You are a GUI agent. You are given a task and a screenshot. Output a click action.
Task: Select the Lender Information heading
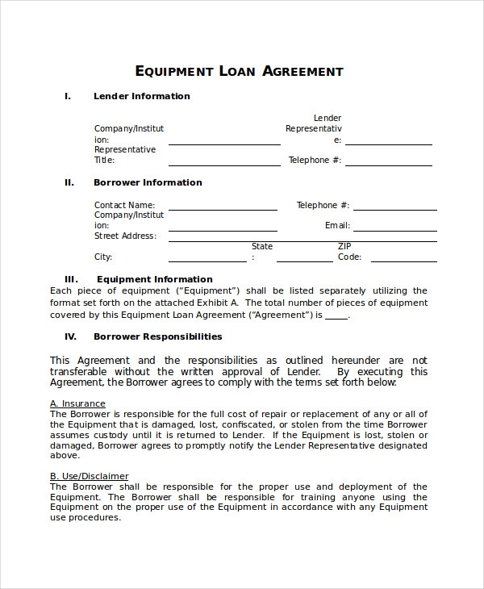pos(142,96)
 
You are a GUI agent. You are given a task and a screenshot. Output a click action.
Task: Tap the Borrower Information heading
pos(148,182)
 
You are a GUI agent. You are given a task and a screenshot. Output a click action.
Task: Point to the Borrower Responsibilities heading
pos(158,336)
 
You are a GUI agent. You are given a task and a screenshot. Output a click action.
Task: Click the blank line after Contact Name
pos(223,209)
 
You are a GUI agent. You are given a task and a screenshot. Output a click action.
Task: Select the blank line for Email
pos(395,230)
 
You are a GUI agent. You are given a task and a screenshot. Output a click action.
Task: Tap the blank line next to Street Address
pos(302,240)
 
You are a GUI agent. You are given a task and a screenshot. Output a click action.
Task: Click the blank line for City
pos(207,261)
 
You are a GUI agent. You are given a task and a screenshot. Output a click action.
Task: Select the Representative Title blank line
pos(223,164)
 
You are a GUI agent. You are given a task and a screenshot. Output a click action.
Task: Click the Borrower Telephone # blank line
pos(395,209)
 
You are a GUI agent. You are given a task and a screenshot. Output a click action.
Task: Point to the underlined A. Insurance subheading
pos(77,403)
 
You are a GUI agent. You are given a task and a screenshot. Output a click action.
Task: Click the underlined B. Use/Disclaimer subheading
pos(89,476)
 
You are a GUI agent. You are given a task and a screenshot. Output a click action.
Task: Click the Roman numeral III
pos(70,280)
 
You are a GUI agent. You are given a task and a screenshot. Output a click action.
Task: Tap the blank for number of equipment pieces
pos(336,316)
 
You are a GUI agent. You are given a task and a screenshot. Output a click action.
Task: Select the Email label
pos(337,226)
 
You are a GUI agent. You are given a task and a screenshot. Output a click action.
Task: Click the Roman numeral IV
pos(70,336)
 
